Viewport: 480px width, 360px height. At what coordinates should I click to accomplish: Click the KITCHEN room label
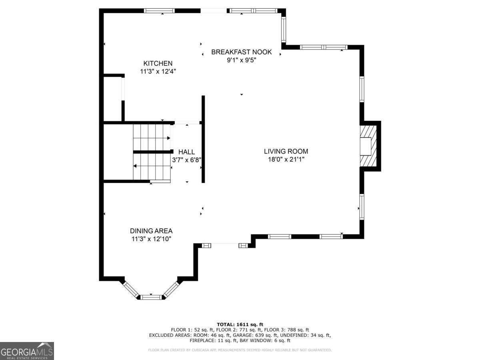coord(158,63)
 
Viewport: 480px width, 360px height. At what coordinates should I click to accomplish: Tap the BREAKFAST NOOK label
coord(241,52)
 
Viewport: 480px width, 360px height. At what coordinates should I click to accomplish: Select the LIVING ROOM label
coord(286,151)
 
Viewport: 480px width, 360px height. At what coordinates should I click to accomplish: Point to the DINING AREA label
coord(151,231)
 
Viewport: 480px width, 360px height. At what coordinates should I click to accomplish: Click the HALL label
coord(186,152)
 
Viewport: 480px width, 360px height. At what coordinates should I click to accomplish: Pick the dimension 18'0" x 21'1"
coord(286,159)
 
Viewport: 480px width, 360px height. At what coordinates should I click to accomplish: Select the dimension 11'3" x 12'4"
coord(158,72)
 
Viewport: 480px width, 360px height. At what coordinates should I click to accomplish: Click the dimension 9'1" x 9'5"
coord(241,60)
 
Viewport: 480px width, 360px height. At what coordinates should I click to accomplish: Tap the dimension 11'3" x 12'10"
coord(151,239)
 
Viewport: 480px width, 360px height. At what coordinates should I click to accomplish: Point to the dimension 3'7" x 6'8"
coord(186,160)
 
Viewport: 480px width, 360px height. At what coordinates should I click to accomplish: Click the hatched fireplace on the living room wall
coord(368,146)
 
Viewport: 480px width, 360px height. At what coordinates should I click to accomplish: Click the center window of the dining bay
coord(151,296)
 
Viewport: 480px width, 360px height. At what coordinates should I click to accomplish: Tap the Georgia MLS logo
coord(27,351)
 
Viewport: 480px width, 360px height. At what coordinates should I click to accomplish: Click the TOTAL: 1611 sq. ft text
coord(240,324)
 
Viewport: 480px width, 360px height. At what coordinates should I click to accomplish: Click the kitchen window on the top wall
coord(159,11)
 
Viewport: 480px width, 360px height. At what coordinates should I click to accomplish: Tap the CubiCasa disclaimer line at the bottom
coord(240,350)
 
